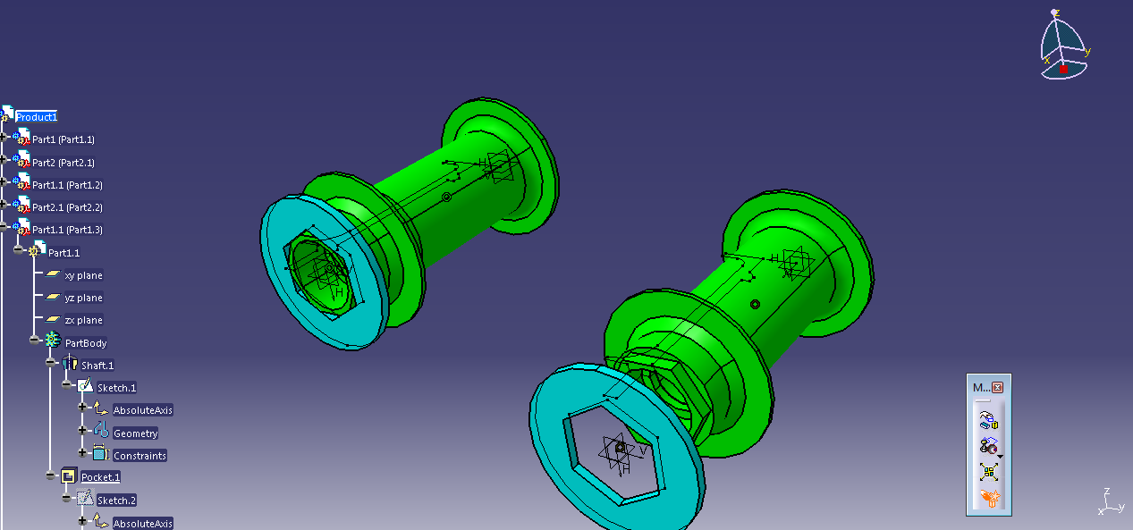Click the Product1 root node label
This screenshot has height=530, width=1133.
click(37, 117)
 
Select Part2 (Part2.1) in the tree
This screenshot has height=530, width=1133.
click(63, 163)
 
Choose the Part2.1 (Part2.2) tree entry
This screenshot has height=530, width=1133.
click(67, 207)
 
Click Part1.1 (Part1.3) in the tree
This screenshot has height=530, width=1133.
click(67, 230)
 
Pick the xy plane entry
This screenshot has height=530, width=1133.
click(83, 275)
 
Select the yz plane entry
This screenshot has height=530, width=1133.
click(83, 298)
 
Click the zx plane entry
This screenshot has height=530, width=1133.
click(83, 320)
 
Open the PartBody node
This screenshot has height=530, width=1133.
click(86, 343)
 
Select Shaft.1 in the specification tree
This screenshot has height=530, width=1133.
click(97, 366)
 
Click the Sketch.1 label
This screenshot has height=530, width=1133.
click(116, 388)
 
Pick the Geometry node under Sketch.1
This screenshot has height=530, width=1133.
click(135, 433)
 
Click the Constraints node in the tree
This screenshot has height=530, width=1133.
click(140, 456)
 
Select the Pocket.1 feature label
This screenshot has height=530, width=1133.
click(100, 477)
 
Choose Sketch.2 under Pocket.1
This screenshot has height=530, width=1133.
click(116, 501)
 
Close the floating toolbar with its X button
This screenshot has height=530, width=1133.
click(997, 388)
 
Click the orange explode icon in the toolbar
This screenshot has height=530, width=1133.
click(988, 498)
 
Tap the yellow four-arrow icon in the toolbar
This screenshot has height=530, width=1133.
click(988, 472)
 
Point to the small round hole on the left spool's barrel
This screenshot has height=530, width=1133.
click(446, 197)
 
